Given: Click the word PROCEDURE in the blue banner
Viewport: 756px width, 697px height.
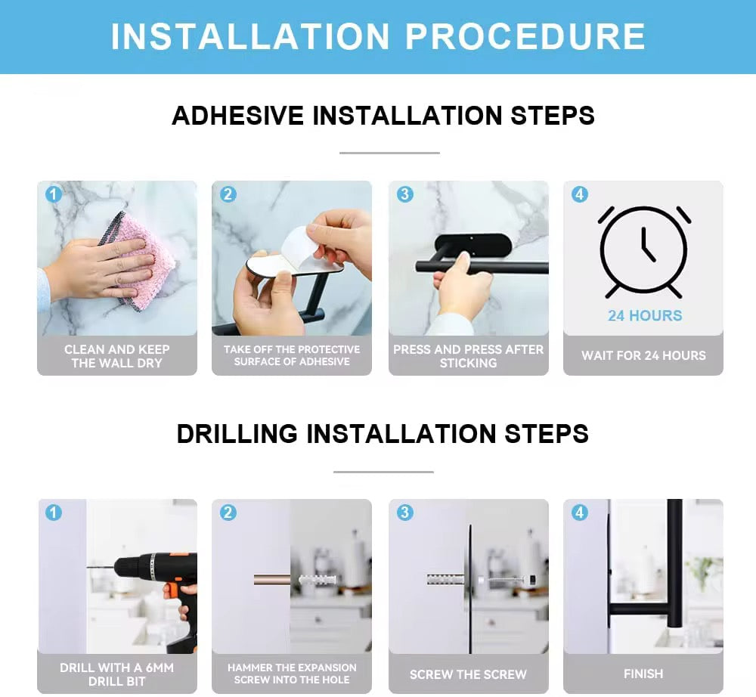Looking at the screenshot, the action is pos(525,36).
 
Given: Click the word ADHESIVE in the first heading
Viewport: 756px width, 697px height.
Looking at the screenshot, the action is pos(237,116).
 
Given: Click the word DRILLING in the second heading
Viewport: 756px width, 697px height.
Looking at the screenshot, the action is pos(237,433).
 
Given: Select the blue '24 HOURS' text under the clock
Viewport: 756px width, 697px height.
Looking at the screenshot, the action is pos(645,316).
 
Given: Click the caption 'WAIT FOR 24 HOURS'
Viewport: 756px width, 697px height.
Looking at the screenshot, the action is pos(643,356).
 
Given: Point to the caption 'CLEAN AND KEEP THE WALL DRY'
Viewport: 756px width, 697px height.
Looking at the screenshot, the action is pos(116,356).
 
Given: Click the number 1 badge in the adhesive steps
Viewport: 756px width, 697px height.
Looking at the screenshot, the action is pos(54,194).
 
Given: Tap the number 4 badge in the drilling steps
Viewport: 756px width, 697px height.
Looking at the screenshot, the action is pos(580,513).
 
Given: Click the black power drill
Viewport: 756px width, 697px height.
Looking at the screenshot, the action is pos(159,593).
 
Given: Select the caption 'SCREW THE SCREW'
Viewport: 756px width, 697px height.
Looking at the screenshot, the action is pos(468,674).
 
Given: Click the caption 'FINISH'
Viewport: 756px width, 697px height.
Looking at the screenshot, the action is pos(643,674).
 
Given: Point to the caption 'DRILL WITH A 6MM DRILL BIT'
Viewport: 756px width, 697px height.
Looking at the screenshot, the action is pos(116,674).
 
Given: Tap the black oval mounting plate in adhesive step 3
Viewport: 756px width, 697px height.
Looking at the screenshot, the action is pos(472,246).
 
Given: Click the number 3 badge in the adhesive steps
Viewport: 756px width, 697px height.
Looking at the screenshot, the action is pos(405,194).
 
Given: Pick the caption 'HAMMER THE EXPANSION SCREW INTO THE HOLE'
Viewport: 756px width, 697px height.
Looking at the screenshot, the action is pos(292,674).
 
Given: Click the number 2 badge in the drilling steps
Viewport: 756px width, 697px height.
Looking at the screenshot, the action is pos(228,513).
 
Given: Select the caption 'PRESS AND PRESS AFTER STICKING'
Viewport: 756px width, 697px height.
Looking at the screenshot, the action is pos(468,356).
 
